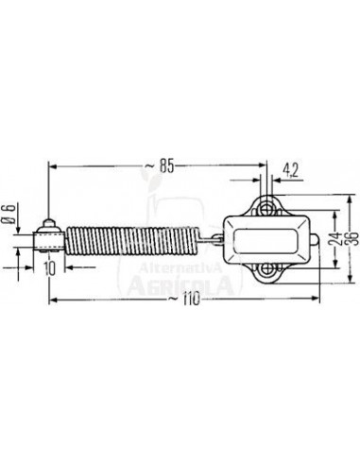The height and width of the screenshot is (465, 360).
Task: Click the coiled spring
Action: (132, 241)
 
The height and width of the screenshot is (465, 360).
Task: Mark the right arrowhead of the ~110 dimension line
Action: (316, 301)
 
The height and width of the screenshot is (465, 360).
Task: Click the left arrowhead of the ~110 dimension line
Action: (52, 301)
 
